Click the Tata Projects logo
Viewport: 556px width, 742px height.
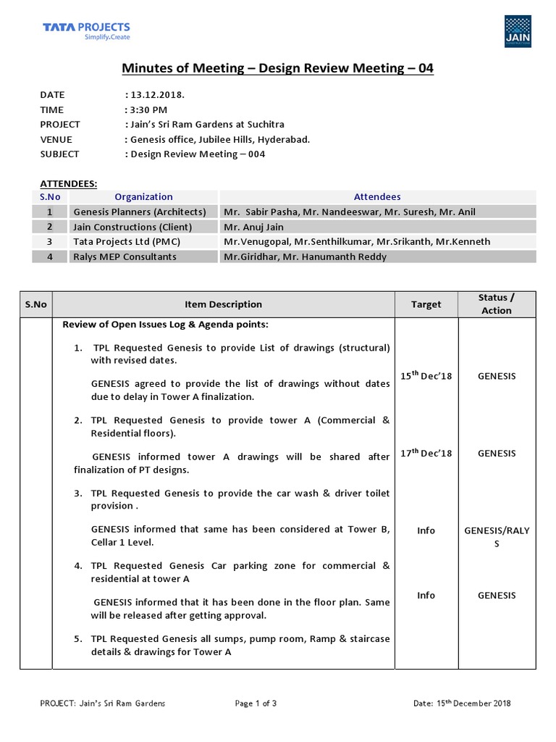(x=86, y=31)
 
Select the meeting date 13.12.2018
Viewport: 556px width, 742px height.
(x=157, y=95)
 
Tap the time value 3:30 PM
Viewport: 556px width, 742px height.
(x=148, y=109)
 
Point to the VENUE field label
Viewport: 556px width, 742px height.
(x=56, y=139)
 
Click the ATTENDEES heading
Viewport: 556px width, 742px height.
(x=68, y=184)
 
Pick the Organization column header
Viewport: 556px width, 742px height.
(x=143, y=196)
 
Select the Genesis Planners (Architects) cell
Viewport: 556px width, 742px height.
(x=139, y=212)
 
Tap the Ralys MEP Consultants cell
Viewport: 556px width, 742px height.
(x=124, y=257)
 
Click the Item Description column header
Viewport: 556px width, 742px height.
(x=223, y=304)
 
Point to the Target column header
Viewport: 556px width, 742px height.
(x=426, y=304)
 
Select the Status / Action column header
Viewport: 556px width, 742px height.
(x=496, y=304)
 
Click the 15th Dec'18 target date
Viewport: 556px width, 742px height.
(x=426, y=376)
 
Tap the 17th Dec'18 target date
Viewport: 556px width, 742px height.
(x=426, y=453)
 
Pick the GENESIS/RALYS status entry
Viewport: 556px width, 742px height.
(x=496, y=537)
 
